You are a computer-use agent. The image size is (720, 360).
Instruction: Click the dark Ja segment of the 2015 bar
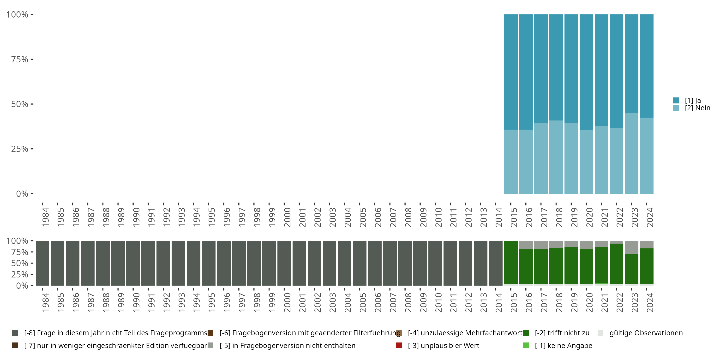(x=511, y=72)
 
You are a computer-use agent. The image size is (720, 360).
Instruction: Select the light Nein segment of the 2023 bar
(x=631, y=153)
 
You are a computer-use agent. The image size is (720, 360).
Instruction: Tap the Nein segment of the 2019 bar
(x=571, y=158)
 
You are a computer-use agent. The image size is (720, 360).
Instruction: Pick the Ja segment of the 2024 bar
(x=647, y=66)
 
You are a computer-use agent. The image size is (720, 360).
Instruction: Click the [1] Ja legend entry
(x=692, y=101)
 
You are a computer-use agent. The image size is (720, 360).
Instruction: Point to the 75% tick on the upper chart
(x=32, y=59)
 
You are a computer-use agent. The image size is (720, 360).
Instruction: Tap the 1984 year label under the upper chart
(x=46, y=217)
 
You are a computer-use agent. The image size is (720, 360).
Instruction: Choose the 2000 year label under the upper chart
(x=287, y=217)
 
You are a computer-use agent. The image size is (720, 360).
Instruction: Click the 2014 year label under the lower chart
(x=499, y=302)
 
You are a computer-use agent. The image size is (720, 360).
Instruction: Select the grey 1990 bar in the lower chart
(x=133, y=263)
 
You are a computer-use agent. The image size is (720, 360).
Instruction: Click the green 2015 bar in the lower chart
(x=511, y=262)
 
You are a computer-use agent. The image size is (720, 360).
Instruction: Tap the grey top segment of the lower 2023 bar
(x=631, y=247)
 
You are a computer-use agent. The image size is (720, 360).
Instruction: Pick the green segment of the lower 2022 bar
(x=616, y=264)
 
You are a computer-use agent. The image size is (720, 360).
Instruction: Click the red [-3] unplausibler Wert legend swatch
(x=399, y=345)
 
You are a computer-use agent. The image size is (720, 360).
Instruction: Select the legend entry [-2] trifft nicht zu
(x=562, y=333)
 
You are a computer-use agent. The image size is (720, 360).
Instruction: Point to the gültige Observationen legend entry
(x=646, y=333)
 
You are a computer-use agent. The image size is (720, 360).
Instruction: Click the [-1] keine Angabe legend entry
(x=563, y=345)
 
